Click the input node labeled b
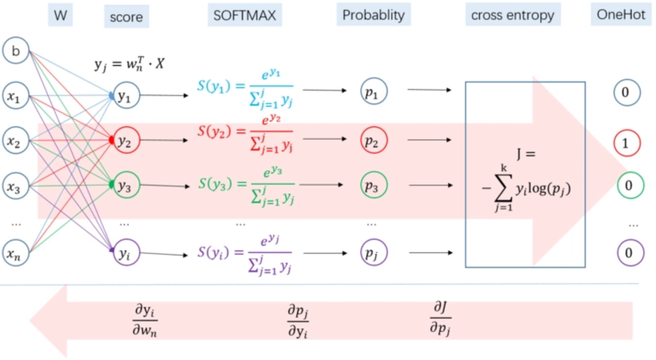(16, 52)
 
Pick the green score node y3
(124, 185)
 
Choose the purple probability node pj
(371, 254)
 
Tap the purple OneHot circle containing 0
(628, 253)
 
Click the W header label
(60, 16)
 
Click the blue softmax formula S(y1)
(245, 89)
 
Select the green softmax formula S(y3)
(245, 185)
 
